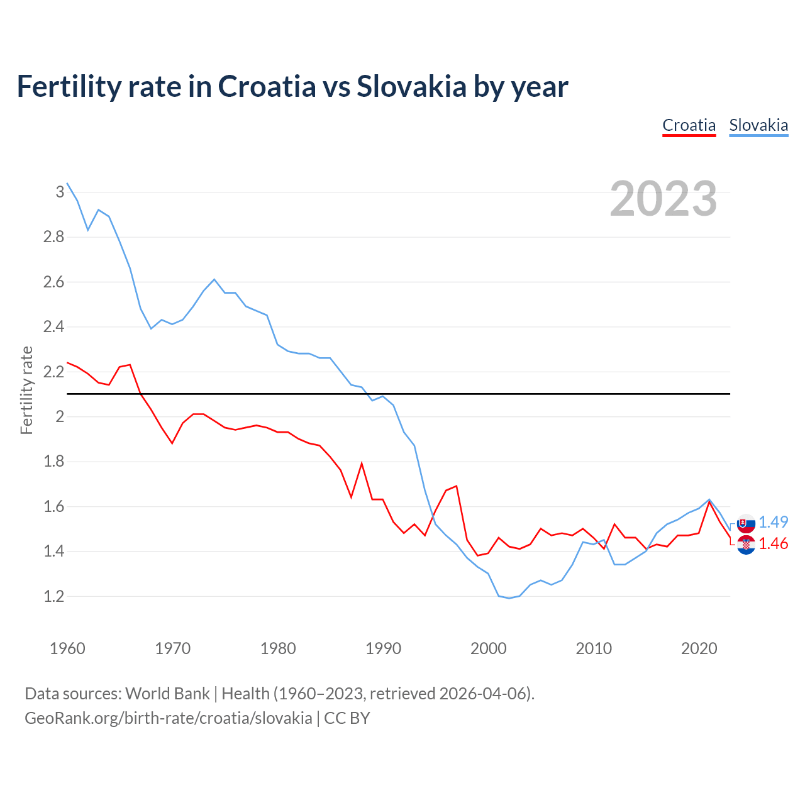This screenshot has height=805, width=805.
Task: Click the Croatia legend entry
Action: [x=689, y=125]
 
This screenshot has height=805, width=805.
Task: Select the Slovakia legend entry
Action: [x=758, y=125]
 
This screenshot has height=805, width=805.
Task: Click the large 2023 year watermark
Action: [x=663, y=199]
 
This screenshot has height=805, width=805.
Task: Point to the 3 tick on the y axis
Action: [x=60, y=192]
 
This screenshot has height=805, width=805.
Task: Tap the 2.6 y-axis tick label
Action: [x=54, y=282]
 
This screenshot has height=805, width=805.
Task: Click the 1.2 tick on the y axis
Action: [x=54, y=596]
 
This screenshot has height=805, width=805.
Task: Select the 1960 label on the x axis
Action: [x=67, y=648]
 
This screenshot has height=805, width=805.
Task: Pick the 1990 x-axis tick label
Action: [x=383, y=648]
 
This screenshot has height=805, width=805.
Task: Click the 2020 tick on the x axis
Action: [x=699, y=648]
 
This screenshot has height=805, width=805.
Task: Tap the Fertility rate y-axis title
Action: [x=26, y=390]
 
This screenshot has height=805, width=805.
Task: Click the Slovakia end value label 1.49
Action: [x=773, y=522]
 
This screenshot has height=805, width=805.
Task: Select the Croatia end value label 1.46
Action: [x=773, y=544]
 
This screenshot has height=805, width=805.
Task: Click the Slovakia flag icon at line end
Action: [x=746, y=523]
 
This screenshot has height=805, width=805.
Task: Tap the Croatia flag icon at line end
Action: [x=746, y=545]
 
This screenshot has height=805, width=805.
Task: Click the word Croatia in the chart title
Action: [x=267, y=87]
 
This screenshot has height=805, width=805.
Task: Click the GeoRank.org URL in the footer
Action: [x=168, y=718]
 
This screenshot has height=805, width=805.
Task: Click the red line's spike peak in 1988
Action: [x=362, y=464]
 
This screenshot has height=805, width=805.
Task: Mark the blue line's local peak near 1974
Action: [x=214, y=279]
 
